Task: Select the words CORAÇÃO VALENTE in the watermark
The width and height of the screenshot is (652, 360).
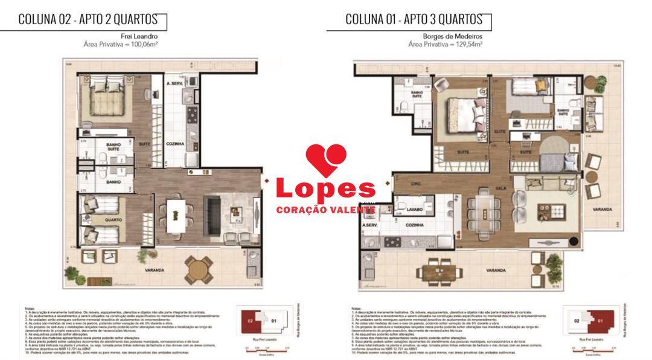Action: (x=325, y=209)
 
